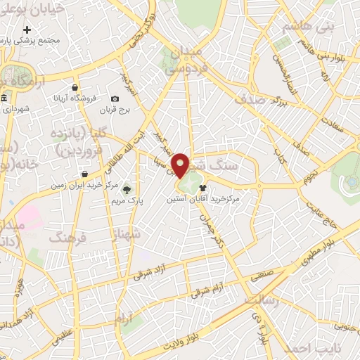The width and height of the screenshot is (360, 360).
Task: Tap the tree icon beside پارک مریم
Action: click(x=127, y=189)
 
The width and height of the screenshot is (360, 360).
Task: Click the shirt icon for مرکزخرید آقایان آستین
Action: click(x=203, y=188)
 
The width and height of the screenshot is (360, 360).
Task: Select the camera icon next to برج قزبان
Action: click(x=115, y=99)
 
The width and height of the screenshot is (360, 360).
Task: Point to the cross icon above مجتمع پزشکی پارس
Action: click(x=27, y=30)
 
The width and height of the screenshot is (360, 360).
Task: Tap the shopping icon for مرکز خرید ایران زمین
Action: click(x=84, y=174)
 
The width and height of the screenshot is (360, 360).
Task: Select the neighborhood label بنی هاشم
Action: click(x=306, y=27)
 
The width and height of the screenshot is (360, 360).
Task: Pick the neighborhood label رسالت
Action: click(x=262, y=300)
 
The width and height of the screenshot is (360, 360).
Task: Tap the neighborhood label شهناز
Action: click(x=127, y=233)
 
